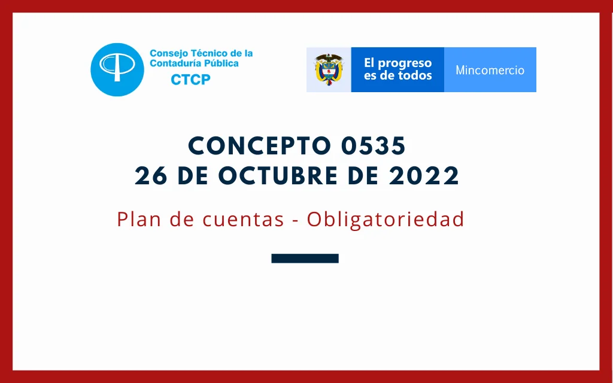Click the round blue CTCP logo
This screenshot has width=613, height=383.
[117, 69]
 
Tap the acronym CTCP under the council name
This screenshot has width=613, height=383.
[190, 80]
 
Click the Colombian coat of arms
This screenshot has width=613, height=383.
[329, 69]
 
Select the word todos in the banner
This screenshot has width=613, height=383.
[415, 75]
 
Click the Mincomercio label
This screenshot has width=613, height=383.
[490, 70]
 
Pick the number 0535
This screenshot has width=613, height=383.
[374, 146]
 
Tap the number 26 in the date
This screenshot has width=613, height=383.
[151, 175]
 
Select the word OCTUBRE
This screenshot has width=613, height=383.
[278, 175]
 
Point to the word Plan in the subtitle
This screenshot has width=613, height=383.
[139, 219]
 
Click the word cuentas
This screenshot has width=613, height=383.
[243, 219]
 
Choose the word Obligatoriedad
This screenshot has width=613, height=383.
[386, 219]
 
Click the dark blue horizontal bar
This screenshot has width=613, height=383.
[305, 259]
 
